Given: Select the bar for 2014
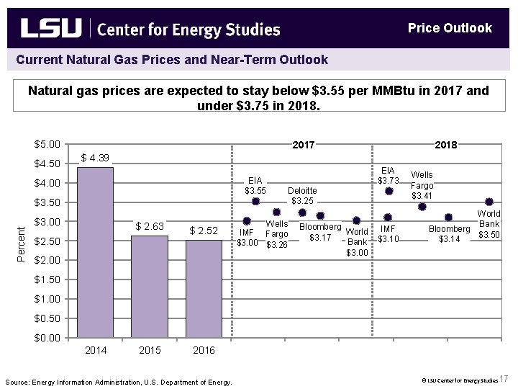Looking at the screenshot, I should coord(96,252).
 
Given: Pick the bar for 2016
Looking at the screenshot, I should coord(204,288).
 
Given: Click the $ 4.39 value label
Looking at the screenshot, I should coord(95,158).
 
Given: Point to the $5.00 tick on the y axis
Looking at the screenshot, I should coord(47,144).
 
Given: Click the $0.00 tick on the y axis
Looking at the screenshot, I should coord(47,337).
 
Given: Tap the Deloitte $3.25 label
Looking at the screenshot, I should coord(302,195).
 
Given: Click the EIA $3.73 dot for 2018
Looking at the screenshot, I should coord(388,191).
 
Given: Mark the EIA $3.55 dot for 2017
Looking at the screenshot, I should coord(255,201).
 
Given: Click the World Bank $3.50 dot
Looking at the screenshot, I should coord(489,202).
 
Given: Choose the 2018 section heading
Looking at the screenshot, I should coord(446,145).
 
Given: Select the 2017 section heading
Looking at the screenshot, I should coord(303,145).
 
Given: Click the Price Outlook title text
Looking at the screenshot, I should coord(450,28).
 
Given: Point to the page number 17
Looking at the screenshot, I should coord(504,379).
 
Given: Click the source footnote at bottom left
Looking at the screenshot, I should coord(119,382).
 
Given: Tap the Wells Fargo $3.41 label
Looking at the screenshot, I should coord(422,185).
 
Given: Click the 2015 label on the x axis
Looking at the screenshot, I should coord(150,351).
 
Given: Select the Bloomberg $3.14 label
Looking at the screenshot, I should coord(449,234).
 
